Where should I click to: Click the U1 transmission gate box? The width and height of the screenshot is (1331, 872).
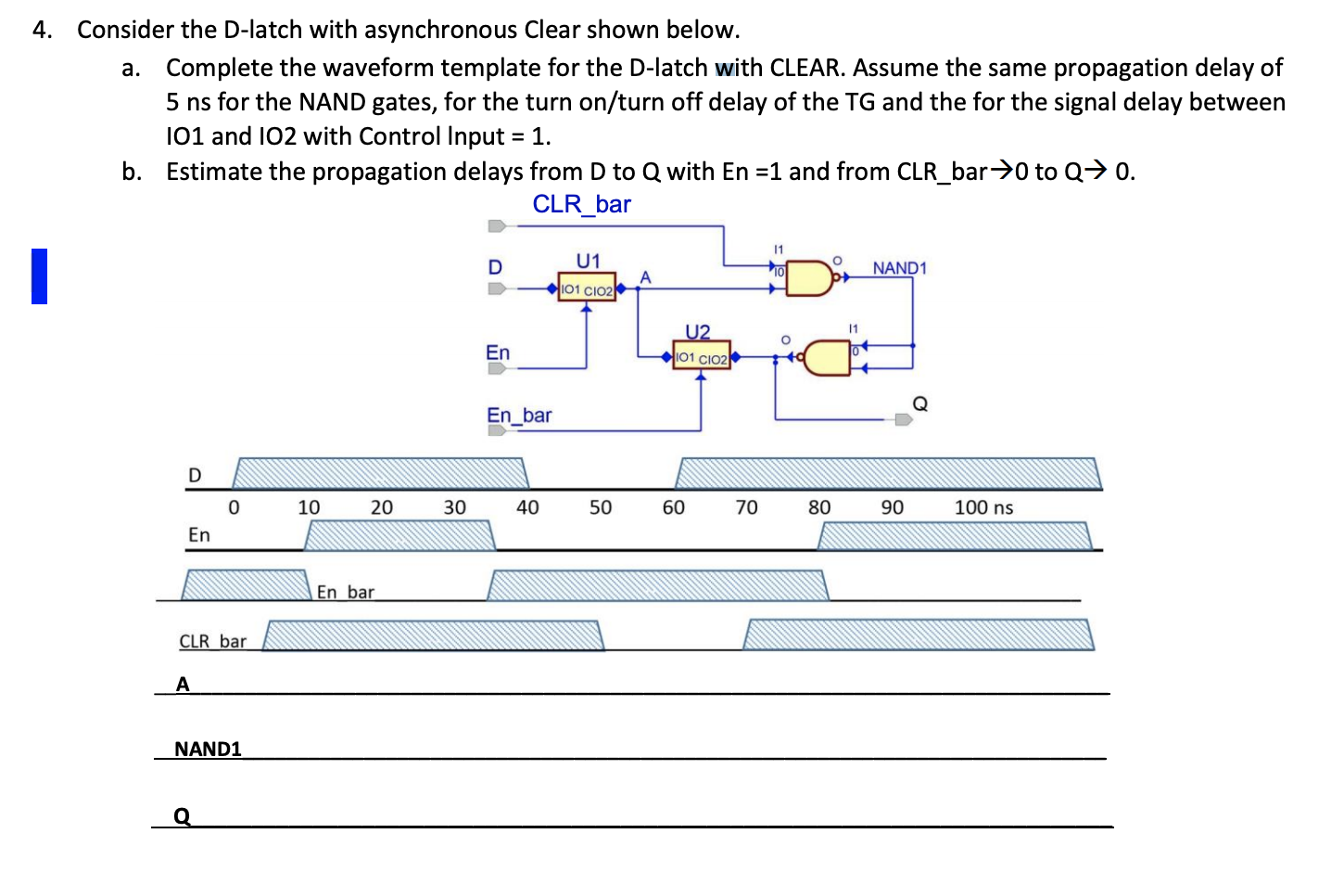[587, 289]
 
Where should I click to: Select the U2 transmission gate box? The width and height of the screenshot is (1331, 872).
[701, 357]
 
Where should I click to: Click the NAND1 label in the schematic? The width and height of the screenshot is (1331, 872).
[898, 268]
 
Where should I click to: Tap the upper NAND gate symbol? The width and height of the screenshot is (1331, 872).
[809, 278]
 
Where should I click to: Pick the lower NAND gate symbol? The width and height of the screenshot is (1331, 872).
[827, 358]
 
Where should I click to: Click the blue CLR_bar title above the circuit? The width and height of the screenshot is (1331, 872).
[581, 204]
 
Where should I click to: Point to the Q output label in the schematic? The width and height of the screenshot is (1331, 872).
[919, 404]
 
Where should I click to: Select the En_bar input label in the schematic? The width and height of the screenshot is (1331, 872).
[519, 416]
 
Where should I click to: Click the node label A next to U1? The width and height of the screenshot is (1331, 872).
[645, 277]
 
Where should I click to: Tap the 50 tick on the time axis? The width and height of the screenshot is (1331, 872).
[600, 507]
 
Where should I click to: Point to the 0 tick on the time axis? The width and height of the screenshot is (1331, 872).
[234, 507]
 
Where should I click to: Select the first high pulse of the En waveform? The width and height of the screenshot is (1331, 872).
[399, 535]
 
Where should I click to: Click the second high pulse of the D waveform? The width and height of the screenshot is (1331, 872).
[888, 473]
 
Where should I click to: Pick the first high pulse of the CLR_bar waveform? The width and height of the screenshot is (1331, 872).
[433, 635]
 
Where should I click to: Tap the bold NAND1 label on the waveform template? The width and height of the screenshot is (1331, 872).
[208, 749]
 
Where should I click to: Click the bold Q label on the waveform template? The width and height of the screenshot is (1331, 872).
[183, 815]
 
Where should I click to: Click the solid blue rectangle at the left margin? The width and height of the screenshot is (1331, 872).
[39, 276]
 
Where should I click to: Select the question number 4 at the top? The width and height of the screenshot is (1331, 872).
[42, 30]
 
